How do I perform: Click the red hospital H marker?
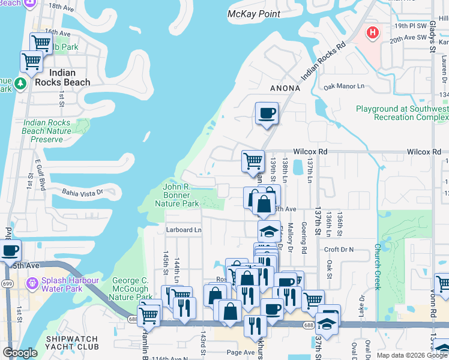click(373, 32)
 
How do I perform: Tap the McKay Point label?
click(255, 14)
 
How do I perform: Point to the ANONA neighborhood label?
click(285, 88)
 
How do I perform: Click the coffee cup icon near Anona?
click(267, 112)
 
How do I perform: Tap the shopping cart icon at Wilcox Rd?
click(253, 160)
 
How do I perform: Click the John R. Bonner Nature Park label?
click(181, 196)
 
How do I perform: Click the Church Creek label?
click(378, 266)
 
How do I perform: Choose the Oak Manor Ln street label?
click(344, 87)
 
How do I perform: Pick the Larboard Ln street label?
click(184, 230)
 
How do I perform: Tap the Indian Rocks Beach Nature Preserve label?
click(47, 131)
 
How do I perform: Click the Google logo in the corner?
click(20, 353)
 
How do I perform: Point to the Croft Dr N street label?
click(339, 250)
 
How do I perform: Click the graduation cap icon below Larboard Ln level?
click(269, 231)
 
